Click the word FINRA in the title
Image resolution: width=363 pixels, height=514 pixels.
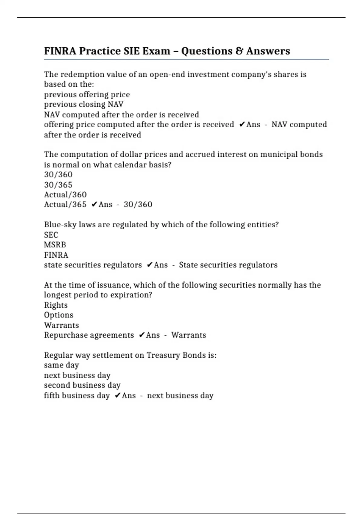click(x=60, y=51)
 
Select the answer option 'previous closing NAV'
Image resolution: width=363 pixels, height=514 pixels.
click(x=83, y=104)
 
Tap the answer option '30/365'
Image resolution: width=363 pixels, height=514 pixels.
click(x=58, y=184)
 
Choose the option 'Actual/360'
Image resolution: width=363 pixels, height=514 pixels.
click(x=65, y=194)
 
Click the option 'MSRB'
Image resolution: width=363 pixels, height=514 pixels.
click(x=55, y=245)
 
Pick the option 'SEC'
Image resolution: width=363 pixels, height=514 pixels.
click(x=51, y=235)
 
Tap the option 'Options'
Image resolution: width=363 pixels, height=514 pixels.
click(x=58, y=315)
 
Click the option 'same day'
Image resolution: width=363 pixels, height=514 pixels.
click(x=61, y=365)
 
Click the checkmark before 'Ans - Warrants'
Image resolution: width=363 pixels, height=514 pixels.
click(x=142, y=335)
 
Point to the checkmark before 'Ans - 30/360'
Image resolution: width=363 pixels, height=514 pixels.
click(x=94, y=205)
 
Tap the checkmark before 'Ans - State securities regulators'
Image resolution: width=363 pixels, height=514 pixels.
click(x=149, y=265)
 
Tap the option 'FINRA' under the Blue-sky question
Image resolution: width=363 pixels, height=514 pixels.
click(x=56, y=255)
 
